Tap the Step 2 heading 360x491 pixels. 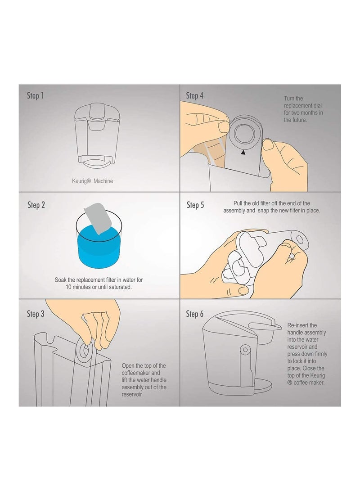pos(36,205)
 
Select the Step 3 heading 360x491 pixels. pos(36,313)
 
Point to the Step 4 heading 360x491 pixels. pos(195,96)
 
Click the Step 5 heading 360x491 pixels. pos(195,205)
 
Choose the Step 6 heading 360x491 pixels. pos(195,314)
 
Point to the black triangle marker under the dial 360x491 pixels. pos(243,153)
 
